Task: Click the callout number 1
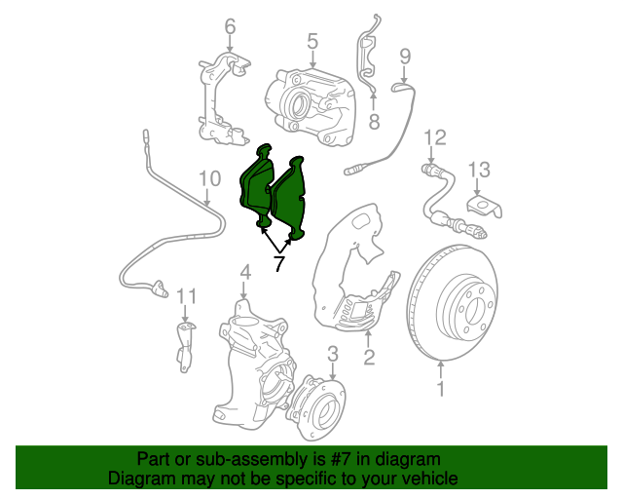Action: coord(439,391)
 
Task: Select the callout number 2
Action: coord(369,357)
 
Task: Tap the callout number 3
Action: coord(332,353)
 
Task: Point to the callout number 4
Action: coord(245,272)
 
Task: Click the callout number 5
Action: coord(312,41)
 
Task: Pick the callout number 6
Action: coord(230,24)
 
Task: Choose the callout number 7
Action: coord(278,264)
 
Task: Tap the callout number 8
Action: coord(373,122)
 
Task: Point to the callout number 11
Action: coord(186,295)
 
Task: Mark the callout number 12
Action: coord(434,136)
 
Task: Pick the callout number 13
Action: coord(479,171)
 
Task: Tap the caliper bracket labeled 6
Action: coord(223,97)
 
